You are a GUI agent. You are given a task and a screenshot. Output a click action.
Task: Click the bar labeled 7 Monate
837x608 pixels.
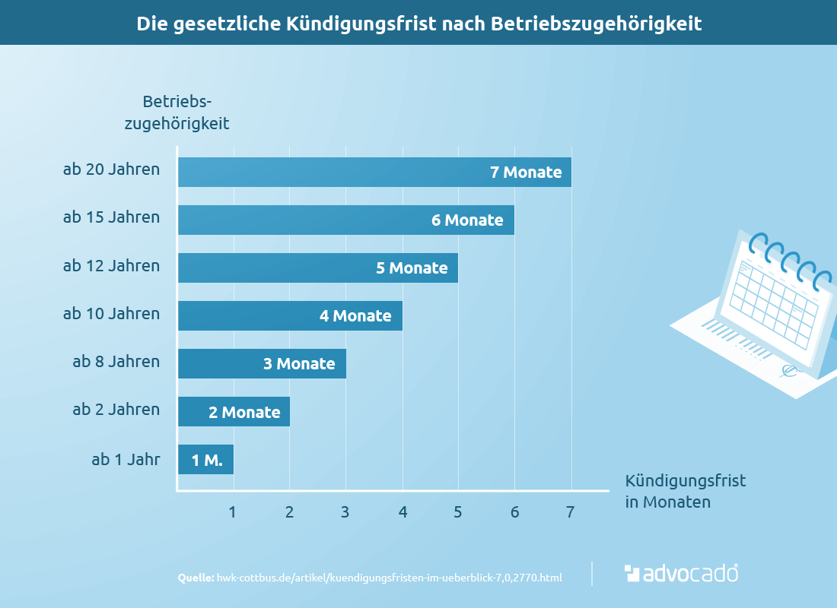[x=374, y=172]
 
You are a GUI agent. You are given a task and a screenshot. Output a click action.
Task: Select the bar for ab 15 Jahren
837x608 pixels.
[x=346, y=220]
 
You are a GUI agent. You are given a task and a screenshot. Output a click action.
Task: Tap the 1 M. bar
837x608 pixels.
[x=205, y=460]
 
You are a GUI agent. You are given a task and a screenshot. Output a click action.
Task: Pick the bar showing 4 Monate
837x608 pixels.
[x=290, y=315]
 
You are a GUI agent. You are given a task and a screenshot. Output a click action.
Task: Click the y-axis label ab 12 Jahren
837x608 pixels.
[x=111, y=266]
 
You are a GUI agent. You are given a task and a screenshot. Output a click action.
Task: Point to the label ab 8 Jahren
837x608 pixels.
[x=116, y=362]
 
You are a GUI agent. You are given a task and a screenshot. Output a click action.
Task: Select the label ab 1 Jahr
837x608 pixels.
[x=126, y=459]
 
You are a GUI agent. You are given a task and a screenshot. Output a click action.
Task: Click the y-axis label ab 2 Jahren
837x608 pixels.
[x=116, y=410]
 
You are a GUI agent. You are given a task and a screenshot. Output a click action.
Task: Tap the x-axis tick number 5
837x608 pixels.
[x=458, y=512]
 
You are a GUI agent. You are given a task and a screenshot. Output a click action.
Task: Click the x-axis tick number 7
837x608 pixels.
[x=570, y=512]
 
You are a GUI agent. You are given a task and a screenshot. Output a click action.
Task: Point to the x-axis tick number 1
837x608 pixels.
[x=233, y=512]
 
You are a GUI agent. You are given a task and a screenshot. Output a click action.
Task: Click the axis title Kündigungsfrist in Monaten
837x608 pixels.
[x=685, y=491]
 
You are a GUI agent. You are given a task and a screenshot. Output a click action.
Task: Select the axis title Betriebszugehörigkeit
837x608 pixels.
[x=177, y=112]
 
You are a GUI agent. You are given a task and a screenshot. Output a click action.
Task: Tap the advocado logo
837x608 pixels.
[x=681, y=573]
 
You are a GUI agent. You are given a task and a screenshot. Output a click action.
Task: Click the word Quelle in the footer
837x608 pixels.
[x=196, y=578]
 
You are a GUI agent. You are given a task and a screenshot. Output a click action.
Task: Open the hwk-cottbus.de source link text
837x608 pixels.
[x=390, y=578]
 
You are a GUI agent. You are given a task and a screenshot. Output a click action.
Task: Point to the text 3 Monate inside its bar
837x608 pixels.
[x=299, y=363]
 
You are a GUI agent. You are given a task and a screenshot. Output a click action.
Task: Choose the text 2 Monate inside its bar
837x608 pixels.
[x=244, y=412]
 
